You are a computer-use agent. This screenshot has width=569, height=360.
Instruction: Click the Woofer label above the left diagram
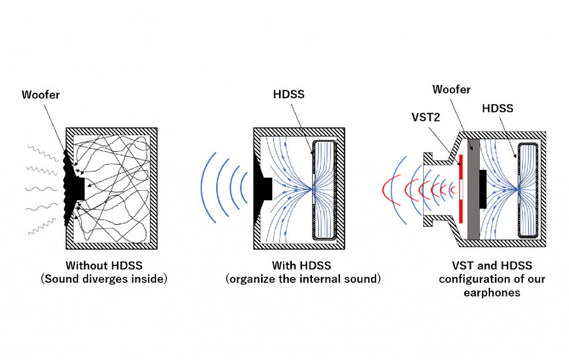coord(40,95)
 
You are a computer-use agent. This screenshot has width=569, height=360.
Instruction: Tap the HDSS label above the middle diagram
coord(289,94)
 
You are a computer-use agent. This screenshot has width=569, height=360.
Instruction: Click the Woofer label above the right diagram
coord(451,89)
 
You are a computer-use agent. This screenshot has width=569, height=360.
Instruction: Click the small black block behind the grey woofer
coord(482,189)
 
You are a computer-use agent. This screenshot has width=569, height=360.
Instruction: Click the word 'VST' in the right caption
coord(450,266)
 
